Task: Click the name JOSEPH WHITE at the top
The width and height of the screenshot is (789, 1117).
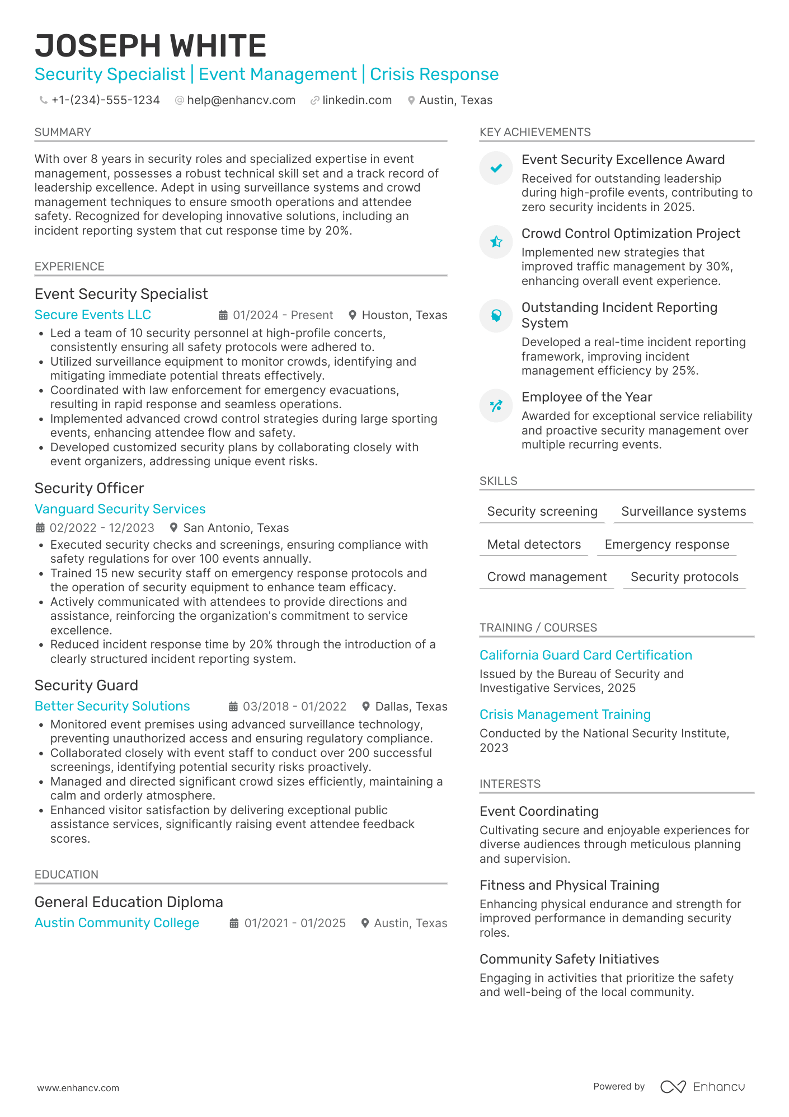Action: pyautogui.click(x=151, y=46)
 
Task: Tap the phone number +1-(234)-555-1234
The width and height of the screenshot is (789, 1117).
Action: pyautogui.click(x=105, y=100)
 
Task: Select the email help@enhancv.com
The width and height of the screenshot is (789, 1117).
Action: pyautogui.click(x=241, y=100)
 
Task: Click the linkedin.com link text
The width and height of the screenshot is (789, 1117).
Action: pyautogui.click(x=357, y=100)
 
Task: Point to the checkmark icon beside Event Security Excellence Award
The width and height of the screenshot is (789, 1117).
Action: pyautogui.click(x=496, y=168)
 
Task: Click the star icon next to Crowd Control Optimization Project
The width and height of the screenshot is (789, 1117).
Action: pyautogui.click(x=496, y=242)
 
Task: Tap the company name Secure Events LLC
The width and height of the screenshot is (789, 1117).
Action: pyautogui.click(x=93, y=315)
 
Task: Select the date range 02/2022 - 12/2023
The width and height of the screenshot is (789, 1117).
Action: pyautogui.click(x=102, y=528)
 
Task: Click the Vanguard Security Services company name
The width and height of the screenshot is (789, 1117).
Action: pyautogui.click(x=120, y=509)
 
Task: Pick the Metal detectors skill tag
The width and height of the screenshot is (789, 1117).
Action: pyautogui.click(x=534, y=544)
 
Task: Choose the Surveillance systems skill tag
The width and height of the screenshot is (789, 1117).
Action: pyautogui.click(x=683, y=511)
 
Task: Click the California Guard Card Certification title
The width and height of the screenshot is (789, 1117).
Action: pyautogui.click(x=585, y=655)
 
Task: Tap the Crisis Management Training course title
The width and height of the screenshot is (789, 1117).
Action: pyautogui.click(x=565, y=714)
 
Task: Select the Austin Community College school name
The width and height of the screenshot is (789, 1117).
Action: pyautogui.click(x=117, y=923)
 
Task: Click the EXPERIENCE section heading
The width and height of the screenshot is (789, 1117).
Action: pyautogui.click(x=69, y=267)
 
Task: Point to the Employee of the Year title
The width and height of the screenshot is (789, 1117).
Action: pyautogui.click(x=586, y=397)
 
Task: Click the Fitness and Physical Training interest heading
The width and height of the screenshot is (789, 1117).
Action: pyautogui.click(x=569, y=885)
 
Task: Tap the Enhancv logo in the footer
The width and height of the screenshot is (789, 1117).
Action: pyautogui.click(x=702, y=1087)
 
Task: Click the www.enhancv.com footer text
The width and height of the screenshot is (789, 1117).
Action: pyautogui.click(x=78, y=1088)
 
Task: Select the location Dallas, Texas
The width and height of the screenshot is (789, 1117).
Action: pyautogui.click(x=411, y=707)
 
